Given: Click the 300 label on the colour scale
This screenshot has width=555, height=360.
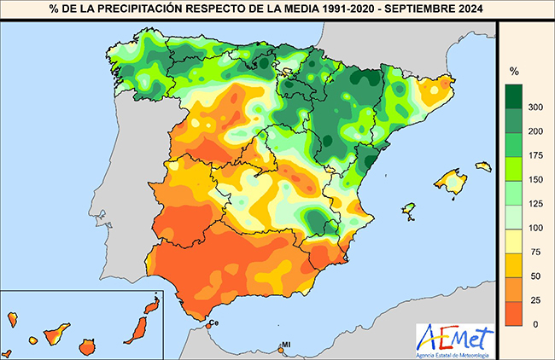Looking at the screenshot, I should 537,107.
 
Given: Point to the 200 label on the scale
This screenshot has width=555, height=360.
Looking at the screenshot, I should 537,131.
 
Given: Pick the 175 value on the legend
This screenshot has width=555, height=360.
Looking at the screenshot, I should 537,155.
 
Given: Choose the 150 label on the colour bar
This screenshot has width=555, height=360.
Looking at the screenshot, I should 537,179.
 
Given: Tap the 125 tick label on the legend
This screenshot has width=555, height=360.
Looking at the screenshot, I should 537,204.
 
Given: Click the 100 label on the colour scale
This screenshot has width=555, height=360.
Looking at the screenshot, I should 537,228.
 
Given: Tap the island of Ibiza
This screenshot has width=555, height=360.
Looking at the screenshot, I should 409,210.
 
